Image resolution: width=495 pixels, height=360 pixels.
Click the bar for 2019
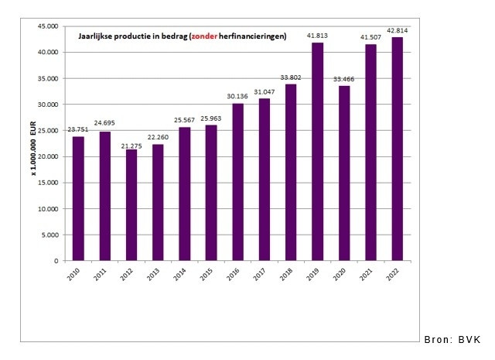(x=317, y=152)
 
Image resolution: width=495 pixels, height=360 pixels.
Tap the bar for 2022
(x=397, y=149)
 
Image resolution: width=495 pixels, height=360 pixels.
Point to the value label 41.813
(x=317, y=36)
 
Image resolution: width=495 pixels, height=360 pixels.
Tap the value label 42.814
(x=397, y=30)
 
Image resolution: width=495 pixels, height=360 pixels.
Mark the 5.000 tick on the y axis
(x=49, y=235)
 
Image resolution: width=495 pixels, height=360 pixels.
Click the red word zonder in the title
(x=203, y=36)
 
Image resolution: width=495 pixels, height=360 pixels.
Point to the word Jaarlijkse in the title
(x=96, y=36)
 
